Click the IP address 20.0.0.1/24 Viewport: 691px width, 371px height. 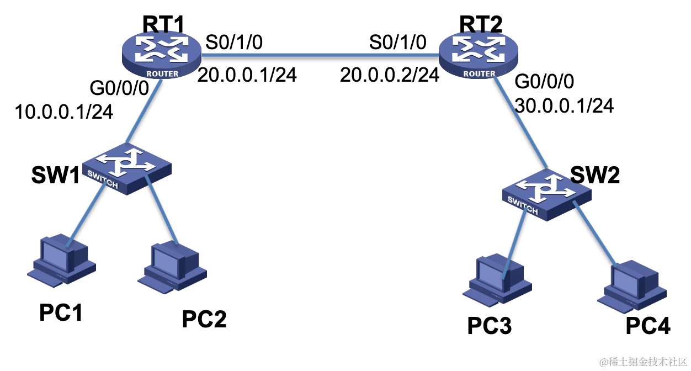(x=247, y=75)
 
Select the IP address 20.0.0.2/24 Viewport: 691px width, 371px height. (x=390, y=75)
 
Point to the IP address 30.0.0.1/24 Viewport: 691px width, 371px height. (x=564, y=105)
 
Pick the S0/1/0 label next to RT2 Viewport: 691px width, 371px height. (x=398, y=43)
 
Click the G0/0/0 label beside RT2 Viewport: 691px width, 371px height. (x=544, y=82)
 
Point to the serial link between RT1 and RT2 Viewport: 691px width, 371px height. (x=320, y=54)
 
